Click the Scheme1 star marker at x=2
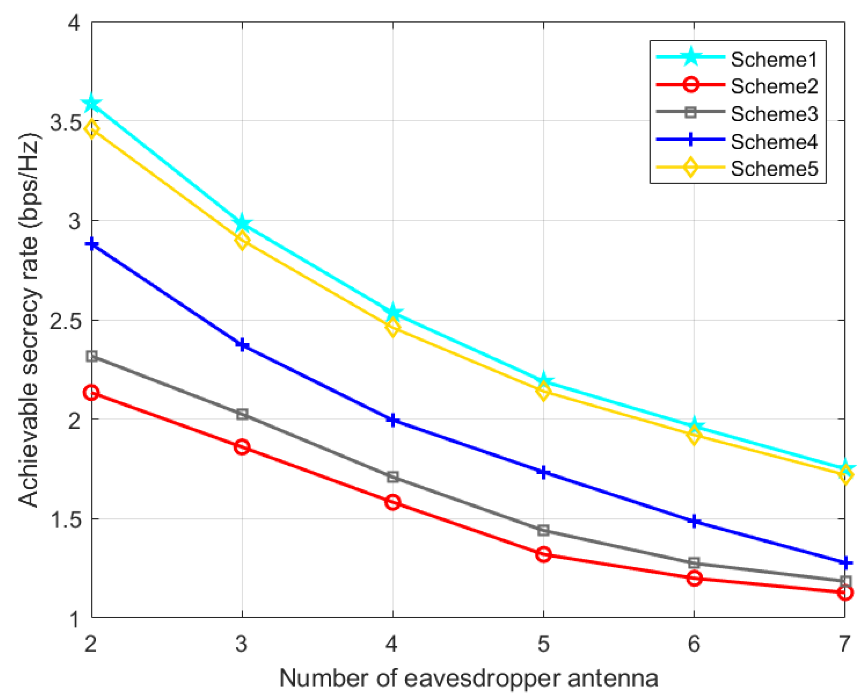(92, 103)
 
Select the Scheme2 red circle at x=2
(92, 393)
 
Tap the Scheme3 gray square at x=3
(242, 414)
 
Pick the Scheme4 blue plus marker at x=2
(92, 244)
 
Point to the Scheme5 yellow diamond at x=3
(242, 241)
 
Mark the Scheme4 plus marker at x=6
(695, 522)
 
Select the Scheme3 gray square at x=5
(544, 530)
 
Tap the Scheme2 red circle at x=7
(845, 593)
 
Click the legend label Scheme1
(774, 59)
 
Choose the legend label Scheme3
(774, 114)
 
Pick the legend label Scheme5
(774, 169)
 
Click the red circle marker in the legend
(690, 85)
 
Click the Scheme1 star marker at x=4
(393, 312)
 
